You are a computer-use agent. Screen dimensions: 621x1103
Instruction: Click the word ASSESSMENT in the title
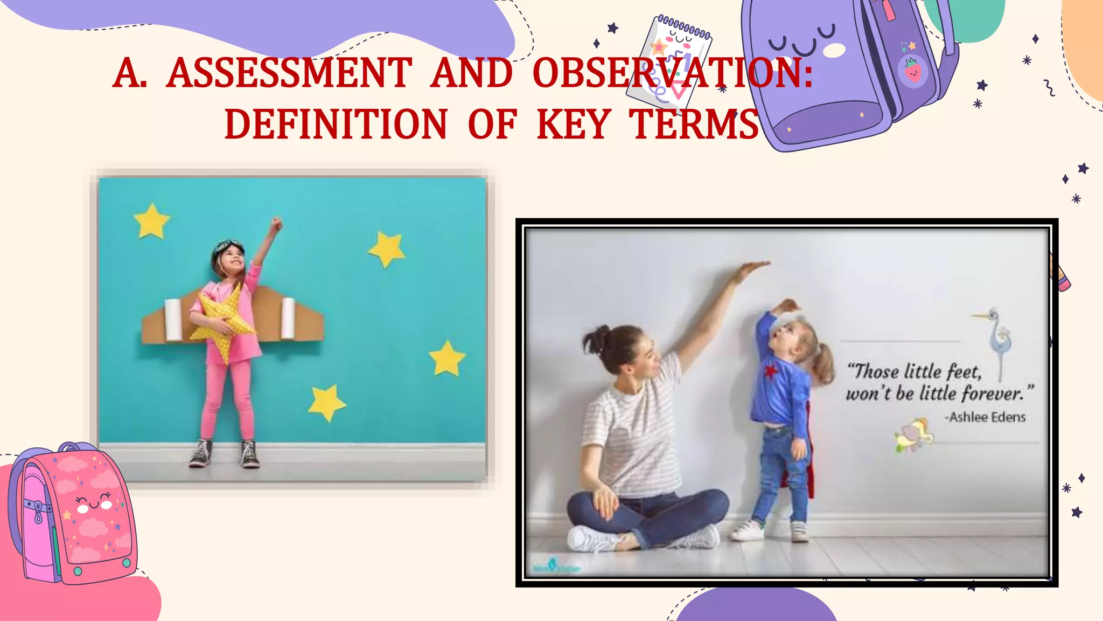[289, 73]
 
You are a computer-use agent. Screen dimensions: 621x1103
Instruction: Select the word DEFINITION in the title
[336, 125]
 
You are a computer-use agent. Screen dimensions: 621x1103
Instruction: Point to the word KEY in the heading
[574, 125]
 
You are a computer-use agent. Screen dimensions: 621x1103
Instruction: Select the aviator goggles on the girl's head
[228, 247]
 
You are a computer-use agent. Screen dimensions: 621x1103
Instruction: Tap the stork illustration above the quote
[996, 337]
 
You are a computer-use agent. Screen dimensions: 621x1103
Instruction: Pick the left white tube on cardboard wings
[173, 320]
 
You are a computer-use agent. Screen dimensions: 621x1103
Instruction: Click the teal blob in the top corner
[969, 19]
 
